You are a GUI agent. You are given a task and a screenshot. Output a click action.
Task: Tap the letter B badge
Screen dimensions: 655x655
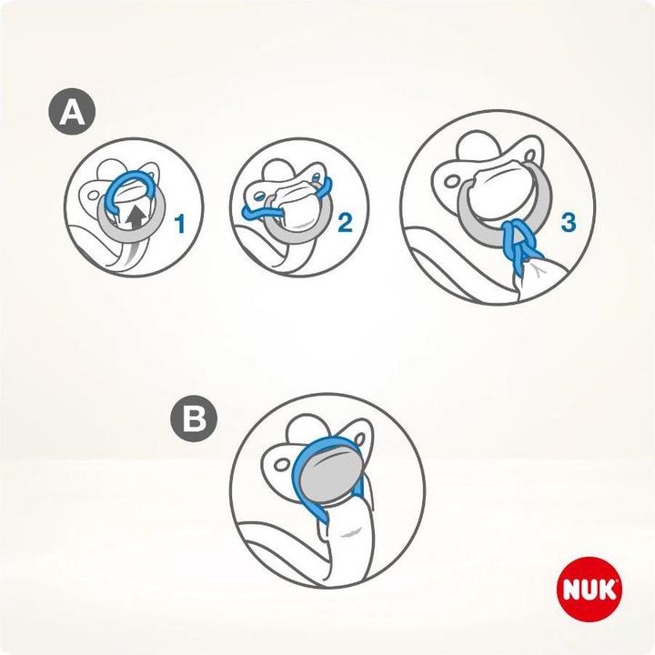coord(195,420)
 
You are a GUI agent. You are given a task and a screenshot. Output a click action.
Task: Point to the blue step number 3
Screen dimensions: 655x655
coord(569,221)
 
